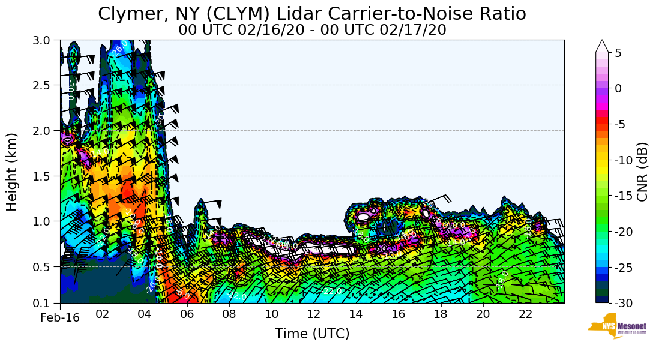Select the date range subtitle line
[x=312, y=29]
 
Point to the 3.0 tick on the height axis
[x=45, y=40]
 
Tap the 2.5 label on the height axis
[x=45, y=85]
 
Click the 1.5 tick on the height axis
[x=45, y=176]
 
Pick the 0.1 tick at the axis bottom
[x=45, y=303]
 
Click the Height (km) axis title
[x=13, y=172]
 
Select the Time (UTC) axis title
[x=312, y=334]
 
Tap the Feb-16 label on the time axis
[x=60, y=318]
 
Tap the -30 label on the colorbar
[x=622, y=303]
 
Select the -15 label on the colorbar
[x=622, y=196]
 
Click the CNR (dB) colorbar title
[x=643, y=172]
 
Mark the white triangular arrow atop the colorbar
[x=602, y=46]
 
